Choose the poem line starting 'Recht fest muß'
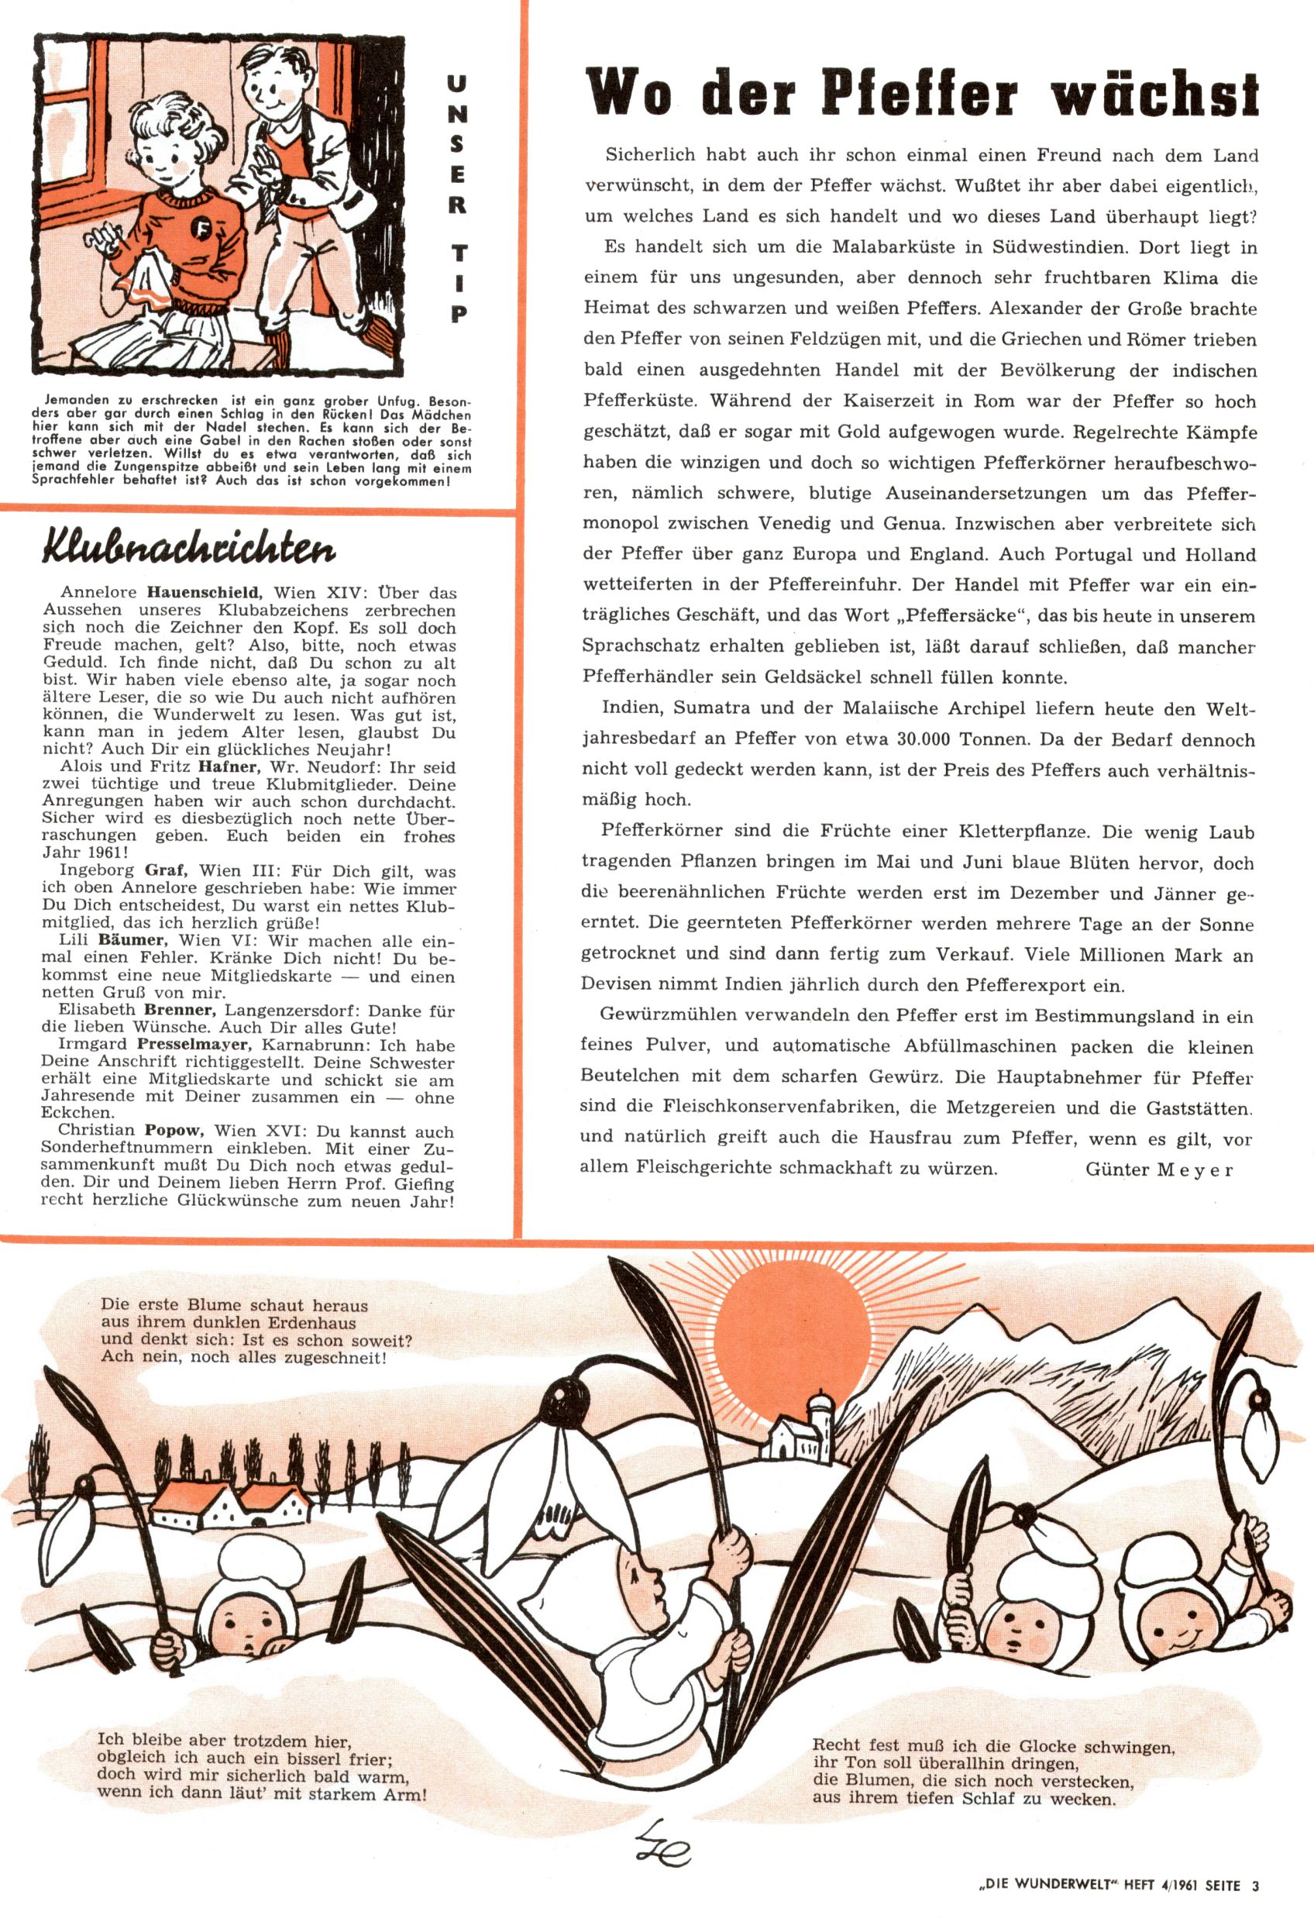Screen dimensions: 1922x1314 993,1747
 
